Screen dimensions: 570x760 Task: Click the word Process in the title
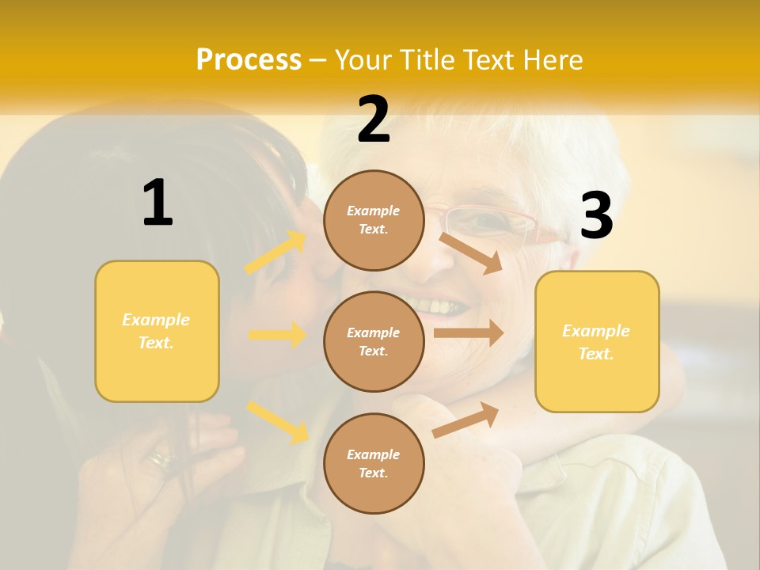click(249, 60)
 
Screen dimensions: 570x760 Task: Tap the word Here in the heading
click(548, 60)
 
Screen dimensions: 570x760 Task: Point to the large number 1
click(158, 203)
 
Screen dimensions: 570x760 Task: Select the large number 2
click(374, 120)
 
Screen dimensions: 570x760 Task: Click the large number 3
click(596, 216)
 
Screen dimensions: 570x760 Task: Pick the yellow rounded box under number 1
click(157, 331)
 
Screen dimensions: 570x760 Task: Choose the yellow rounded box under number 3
click(597, 341)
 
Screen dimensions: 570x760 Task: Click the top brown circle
click(374, 220)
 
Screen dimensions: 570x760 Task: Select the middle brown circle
click(374, 341)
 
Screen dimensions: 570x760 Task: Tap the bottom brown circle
click(374, 463)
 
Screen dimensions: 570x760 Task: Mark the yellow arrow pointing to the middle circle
click(277, 335)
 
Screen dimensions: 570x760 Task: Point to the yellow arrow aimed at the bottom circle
click(278, 421)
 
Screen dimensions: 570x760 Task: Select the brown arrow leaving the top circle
click(471, 253)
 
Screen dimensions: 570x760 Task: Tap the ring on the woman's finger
click(164, 458)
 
